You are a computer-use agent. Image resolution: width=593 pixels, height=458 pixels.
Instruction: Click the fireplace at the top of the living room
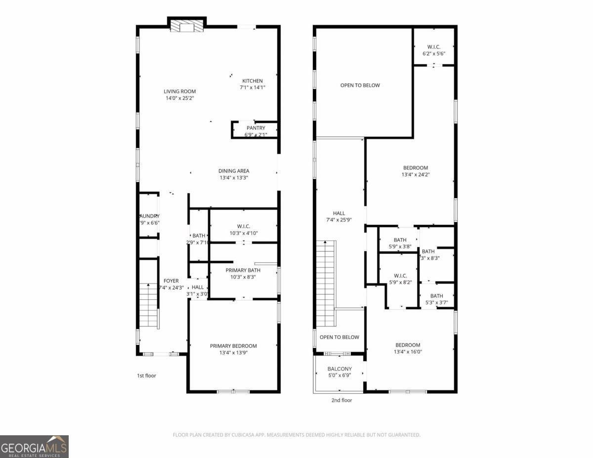click(187, 27)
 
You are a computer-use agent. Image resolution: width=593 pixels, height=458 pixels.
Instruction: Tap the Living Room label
click(180, 91)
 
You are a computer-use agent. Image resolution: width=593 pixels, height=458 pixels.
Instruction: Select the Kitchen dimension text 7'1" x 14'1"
click(253, 87)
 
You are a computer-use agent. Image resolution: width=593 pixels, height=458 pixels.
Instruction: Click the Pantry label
click(256, 128)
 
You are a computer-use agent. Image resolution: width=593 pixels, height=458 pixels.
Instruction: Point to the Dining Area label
click(234, 171)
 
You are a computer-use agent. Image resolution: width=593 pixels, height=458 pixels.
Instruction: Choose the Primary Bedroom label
click(233, 346)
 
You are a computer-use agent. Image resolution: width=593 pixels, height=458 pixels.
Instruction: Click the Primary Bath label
click(243, 270)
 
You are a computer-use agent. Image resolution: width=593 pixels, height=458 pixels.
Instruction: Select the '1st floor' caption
click(146, 375)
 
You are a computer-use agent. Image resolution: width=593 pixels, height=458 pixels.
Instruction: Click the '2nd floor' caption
click(341, 400)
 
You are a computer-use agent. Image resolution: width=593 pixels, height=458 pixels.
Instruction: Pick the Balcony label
click(339, 369)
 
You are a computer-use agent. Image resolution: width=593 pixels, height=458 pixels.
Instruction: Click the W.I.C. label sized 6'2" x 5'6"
click(434, 47)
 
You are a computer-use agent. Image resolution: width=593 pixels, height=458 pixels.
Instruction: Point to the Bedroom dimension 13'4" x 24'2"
click(415, 174)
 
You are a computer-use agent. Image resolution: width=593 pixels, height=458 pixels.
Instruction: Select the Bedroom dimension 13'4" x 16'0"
click(408, 352)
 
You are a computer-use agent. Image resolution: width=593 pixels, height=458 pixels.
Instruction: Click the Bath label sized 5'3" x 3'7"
click(437, 296)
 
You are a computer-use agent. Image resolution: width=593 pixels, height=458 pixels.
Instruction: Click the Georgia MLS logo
click(34, 447)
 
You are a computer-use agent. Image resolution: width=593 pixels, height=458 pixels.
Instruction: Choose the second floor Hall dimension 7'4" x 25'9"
click(339, 220)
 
